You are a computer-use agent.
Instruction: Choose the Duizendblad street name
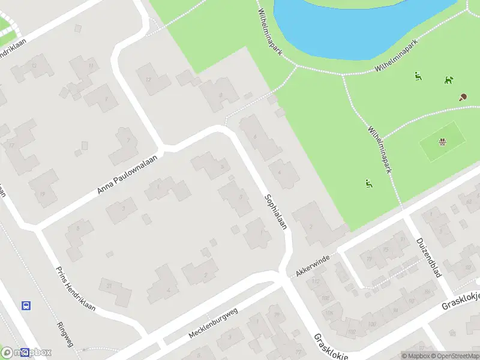tap(429, 257)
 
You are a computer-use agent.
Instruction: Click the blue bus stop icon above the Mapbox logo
tap(26, 305)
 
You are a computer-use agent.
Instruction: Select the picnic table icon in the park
tap(442, 142)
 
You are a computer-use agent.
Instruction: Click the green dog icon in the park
tap(448, 80)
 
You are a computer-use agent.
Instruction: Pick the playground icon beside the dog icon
tap(418, 76)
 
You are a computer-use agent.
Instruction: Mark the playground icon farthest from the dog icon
tap(368, 183)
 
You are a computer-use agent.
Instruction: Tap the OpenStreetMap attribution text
tap(454, 356)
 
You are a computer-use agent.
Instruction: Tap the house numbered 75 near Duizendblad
tap(386, 250)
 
